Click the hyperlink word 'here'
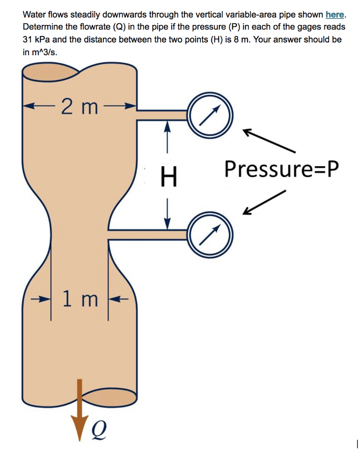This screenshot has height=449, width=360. [x=335, y=15]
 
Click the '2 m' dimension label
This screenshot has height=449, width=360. [x=79, y=107]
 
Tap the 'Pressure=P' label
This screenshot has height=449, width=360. [x=282, y=169]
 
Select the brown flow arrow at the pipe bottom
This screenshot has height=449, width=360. [x=79, y=406]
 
